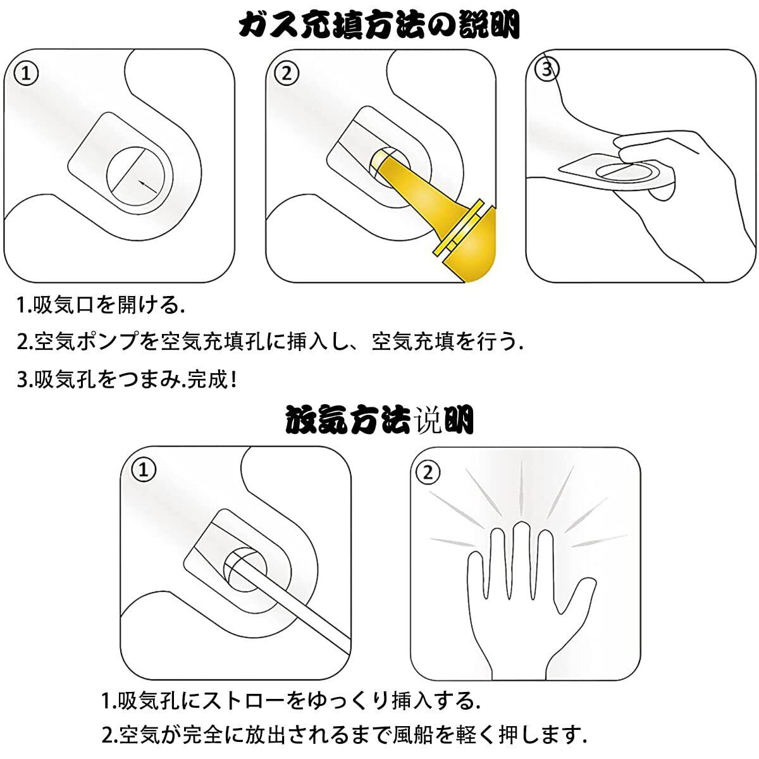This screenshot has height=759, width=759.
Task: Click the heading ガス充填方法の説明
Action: point(379,25)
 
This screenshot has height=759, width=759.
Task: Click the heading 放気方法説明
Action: point(379,419)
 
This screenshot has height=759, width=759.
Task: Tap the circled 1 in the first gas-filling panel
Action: point(26,73)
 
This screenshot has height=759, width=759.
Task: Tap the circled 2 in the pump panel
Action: point(287,73)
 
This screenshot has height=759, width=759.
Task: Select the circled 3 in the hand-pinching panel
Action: point(546,70)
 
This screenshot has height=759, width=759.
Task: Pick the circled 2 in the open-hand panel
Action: point(428,472)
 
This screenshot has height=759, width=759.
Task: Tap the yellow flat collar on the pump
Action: point(458,228)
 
